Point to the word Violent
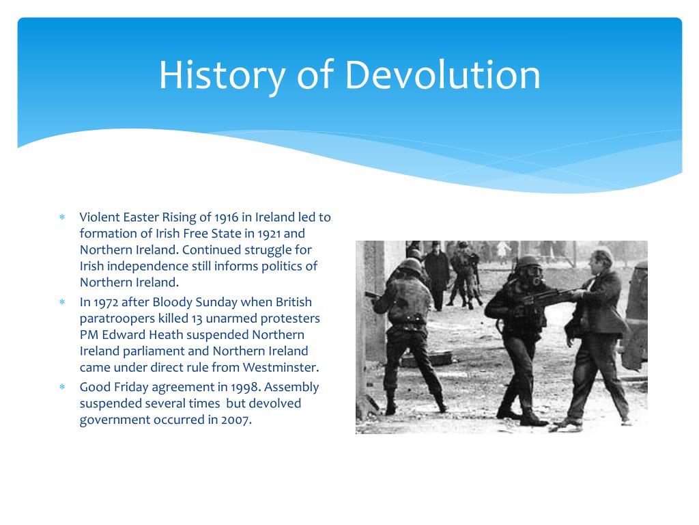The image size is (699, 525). click(100, 217)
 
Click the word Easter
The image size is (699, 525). click(141, 217)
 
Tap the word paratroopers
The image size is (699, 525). click(115, 319)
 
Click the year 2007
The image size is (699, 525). click(236, 420)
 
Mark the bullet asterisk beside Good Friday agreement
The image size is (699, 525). click(61, 388)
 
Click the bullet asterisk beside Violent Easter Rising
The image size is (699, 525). click(61, 218)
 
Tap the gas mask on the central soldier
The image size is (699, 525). click(532, 278)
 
